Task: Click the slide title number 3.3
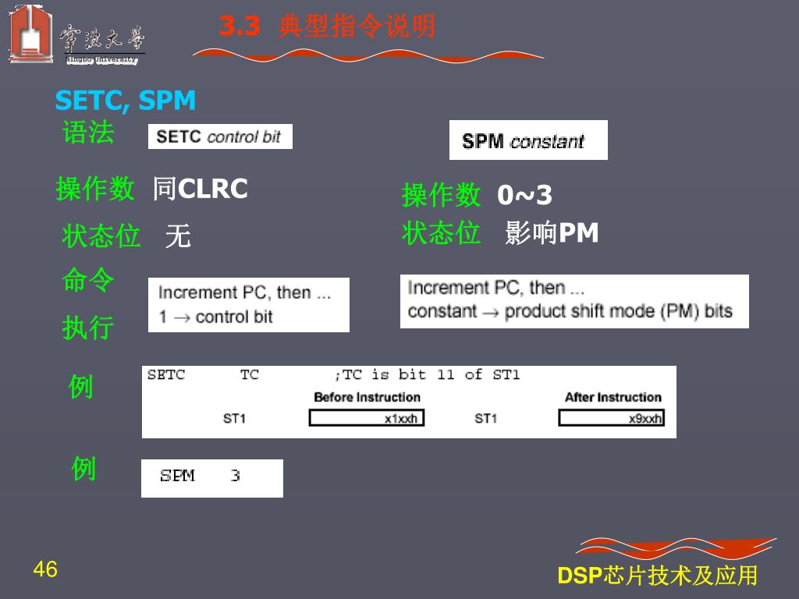coord(239,27)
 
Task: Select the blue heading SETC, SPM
coord(126,101)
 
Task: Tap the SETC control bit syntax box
coord(219,136)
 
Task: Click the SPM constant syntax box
coord(528,140)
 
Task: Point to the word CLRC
coord(213,189)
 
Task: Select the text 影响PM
coord(552,232)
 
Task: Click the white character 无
coord(178,236)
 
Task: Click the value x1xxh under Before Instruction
coord(401,419)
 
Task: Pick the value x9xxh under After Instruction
coord(646,419)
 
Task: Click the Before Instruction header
coord(367,397)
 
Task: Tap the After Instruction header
coord(613,397)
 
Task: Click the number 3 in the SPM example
coord(235,476)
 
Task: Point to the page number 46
coord(45,570)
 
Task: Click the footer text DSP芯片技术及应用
coord(658,576)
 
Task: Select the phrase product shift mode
coord(581,311)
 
